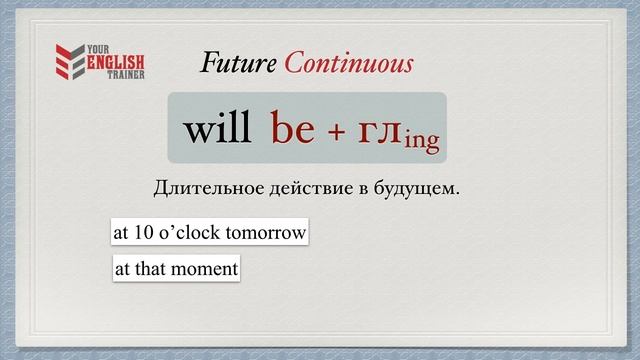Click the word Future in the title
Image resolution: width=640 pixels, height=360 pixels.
coord(239,64)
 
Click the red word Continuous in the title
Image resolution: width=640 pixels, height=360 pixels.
coord(348,64)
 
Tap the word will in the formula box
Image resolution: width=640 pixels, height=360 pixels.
coord(217,129)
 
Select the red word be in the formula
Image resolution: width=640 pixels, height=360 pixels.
coord(293,130)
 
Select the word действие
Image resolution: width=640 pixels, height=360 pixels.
coord(299,188)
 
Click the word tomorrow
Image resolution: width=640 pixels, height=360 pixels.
coord(268,232)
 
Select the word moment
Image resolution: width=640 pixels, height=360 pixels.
coord(207,268)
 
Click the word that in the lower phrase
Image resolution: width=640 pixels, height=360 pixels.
coord(152,268)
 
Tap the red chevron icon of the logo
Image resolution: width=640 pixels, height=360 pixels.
coord(68,63)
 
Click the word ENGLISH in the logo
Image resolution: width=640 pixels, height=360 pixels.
coord(113,63)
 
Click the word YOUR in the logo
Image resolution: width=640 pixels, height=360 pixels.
coord(100,51)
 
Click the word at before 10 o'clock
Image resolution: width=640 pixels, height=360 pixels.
coord(120,232)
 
